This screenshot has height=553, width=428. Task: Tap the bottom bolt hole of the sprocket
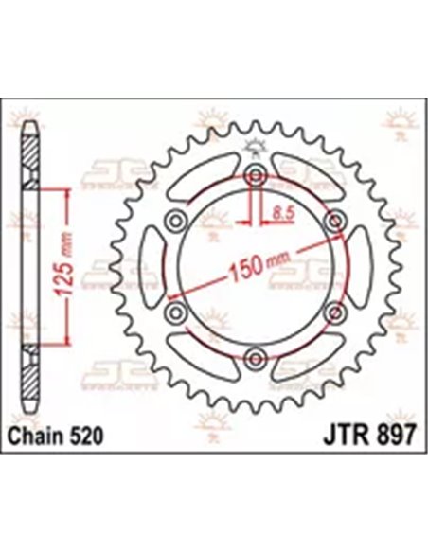tap(254, 357)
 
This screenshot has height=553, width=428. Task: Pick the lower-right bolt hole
tap(332, 312)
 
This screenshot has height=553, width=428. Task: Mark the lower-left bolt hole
tap(175, 312)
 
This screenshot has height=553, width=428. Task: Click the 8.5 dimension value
tap(276, 215)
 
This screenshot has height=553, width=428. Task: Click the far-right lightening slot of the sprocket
tap(361, 266)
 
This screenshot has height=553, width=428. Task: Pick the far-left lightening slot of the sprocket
tap(147, 266)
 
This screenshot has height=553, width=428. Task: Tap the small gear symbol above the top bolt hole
tap(254, 147)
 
